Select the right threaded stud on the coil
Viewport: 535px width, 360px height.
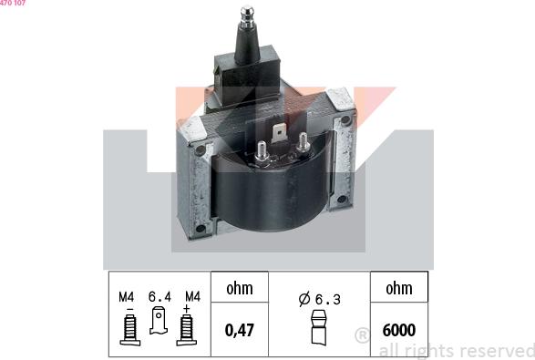point(316,158)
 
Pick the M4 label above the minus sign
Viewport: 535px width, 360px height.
point(126,296)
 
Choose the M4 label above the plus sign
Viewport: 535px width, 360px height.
point(192,296)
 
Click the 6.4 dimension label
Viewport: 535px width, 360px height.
point(159,296)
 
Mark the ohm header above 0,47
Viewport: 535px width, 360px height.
point(239,289)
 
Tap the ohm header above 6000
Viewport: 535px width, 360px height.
point(399,289)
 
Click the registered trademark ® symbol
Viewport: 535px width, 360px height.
point(361,336)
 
